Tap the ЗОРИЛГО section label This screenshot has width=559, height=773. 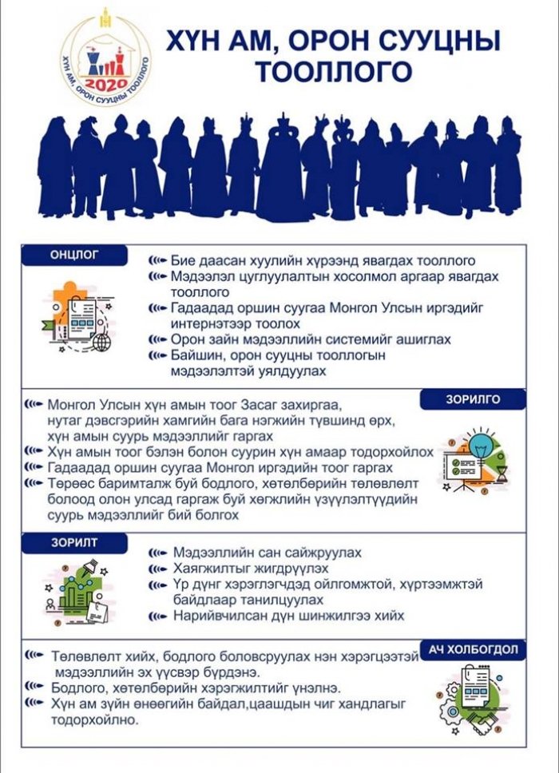tap(474, 400)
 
